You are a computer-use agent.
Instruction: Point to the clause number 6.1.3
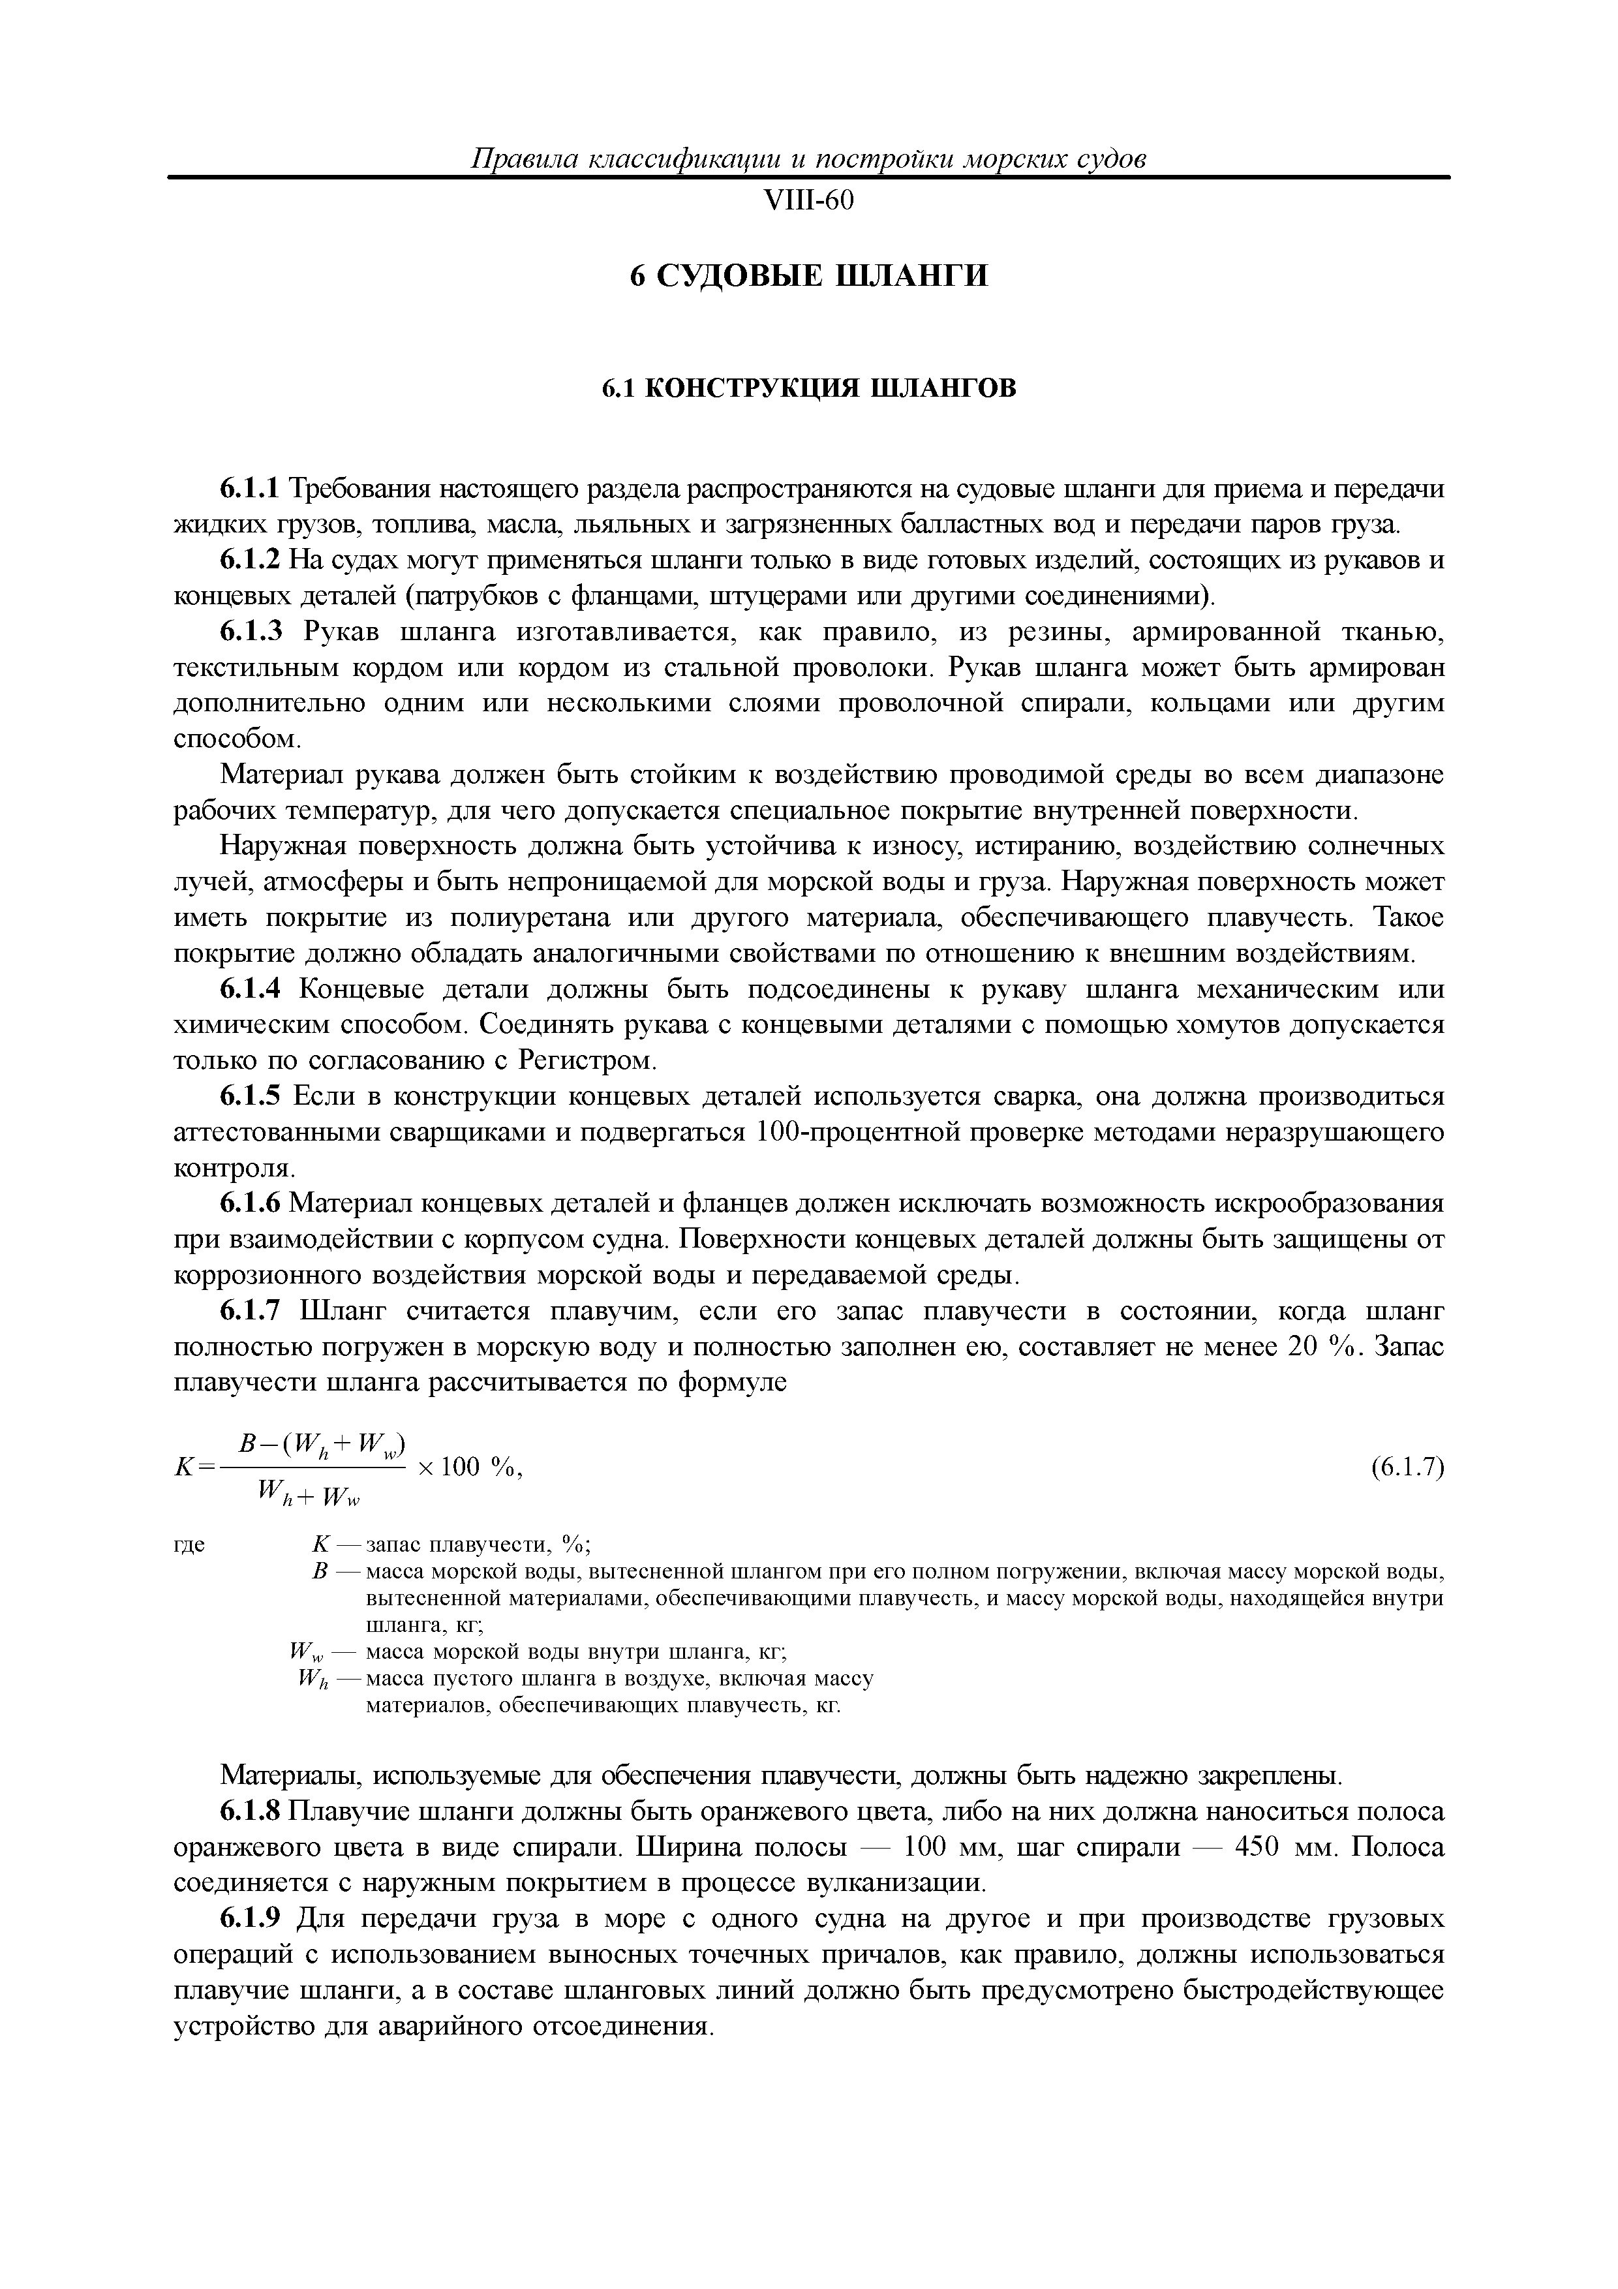(251, 632)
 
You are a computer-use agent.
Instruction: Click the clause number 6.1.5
(251, 1098)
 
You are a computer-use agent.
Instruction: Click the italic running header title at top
(808, 159)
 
